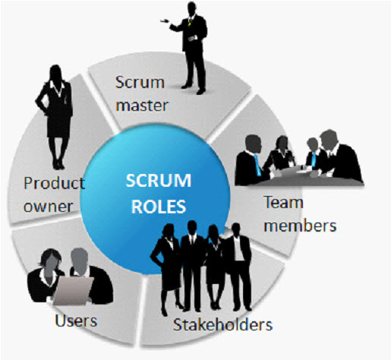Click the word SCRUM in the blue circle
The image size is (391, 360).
point(159,181)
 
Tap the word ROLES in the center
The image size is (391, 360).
point(159,207)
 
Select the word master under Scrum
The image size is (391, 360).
point(142,106)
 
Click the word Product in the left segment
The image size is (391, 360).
point(54,183)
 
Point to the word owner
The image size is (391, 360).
point(48,207)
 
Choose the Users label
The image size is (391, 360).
point(76,321)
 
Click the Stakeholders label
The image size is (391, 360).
point(222,324)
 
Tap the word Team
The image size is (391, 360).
point(283,203)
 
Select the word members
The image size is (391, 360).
point(300,226)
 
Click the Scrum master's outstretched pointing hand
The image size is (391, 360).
point(165,21)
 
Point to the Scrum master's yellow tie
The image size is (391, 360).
point(190,22)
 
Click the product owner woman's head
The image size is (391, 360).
point(55,73)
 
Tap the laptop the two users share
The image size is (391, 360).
point(74,291)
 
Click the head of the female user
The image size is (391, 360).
point(52,260)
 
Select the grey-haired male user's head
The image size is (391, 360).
point(79,261)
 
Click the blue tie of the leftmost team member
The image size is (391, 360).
point(257,165)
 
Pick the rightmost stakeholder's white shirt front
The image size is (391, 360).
point(238,248)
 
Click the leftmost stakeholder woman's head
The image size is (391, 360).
point(168,231)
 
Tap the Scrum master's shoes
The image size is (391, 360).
point(194,89)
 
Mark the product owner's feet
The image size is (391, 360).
point(58,165)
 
